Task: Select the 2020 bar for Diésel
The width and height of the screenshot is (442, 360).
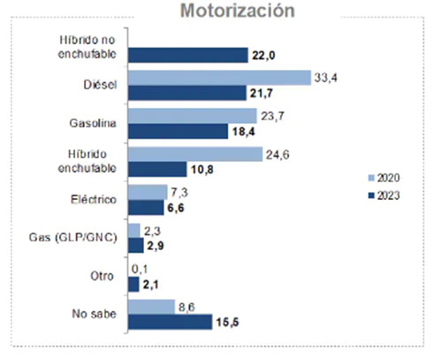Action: click(218, 78)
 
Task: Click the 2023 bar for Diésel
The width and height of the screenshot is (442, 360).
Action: click(187, 93)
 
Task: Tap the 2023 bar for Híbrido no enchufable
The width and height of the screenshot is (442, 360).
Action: click(187, 55)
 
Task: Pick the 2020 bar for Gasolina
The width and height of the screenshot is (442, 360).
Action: click(193, 116)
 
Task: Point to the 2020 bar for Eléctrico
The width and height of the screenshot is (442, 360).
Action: click(148, 192)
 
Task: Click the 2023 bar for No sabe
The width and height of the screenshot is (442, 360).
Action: click(170, 321)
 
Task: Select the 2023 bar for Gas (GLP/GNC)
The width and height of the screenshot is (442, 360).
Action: click(134, 245)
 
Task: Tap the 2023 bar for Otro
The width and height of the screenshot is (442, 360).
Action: click(133, 283)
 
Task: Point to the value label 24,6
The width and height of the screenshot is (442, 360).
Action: click(276, 154)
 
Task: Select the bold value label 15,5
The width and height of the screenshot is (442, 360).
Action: click(226, 322)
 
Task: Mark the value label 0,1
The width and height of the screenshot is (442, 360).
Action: click(139, 268)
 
